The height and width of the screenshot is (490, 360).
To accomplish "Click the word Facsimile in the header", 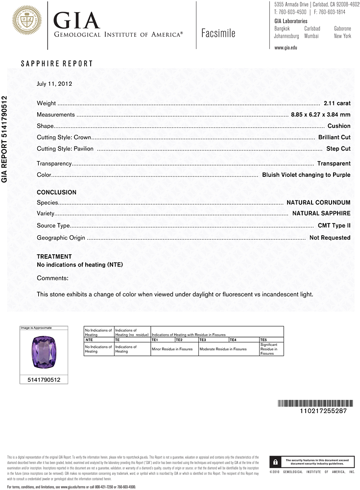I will pos(218,33).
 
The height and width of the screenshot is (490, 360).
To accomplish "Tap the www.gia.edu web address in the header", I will pos(286,48).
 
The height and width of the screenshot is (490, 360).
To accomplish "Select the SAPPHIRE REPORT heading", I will pos(56,64).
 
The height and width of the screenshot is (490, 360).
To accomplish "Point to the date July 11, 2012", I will pos(54,84).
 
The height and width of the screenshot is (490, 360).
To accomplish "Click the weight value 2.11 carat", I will pos(337,103).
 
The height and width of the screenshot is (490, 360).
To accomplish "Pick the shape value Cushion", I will pos(339,126).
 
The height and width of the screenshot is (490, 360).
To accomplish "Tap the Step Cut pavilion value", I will pos(338,148).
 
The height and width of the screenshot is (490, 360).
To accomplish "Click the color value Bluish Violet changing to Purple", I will pos(306,175).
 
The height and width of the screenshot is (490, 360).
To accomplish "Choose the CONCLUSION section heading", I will pos(56,193).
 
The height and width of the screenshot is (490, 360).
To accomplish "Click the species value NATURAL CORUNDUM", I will pos(318,202).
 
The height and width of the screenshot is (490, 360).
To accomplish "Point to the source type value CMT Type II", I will pos(334,226).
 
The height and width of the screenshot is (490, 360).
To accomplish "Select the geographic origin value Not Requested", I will pos(330,238).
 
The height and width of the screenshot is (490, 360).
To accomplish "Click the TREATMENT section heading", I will pos(54,257).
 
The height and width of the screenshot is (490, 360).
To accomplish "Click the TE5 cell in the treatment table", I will pos(264,340).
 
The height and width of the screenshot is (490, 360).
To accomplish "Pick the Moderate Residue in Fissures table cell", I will pos(223,349).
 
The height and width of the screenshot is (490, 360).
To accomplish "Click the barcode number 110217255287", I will pos(323,411).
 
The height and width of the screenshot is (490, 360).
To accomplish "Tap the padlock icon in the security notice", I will pos(276,462).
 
